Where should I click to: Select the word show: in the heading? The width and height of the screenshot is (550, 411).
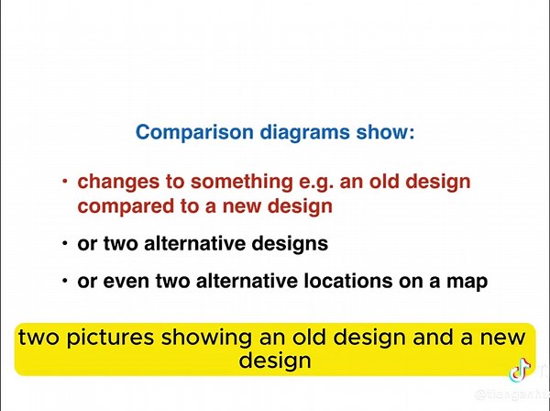click(384, 132)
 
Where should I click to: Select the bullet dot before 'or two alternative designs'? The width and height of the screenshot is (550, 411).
click(65, 245)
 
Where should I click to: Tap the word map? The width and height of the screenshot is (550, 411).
click(464, 282)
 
